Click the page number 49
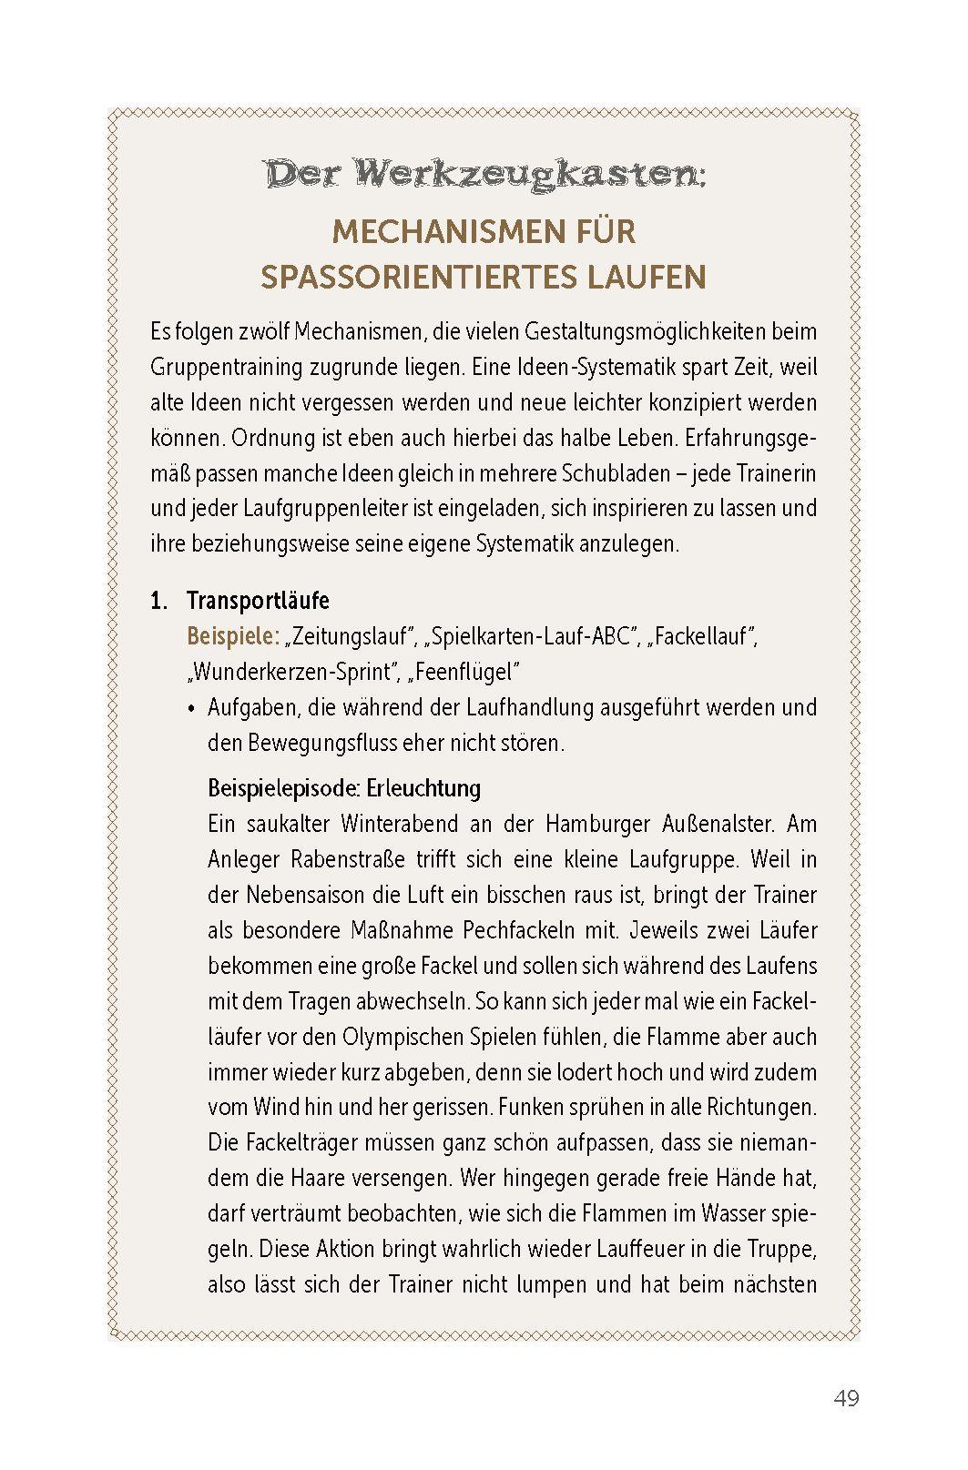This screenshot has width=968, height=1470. click(845, 1398)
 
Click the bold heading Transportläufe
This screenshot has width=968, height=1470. click(258, 601)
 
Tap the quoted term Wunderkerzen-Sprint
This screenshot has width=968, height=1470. click(294, 672)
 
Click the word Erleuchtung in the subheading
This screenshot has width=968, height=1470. click(426, 787)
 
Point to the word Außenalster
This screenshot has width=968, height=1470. click(719, 824)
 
